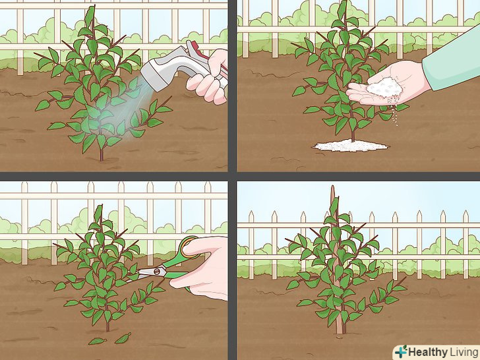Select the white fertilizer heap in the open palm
(x=384, y=87)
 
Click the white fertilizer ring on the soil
(x=351, y=146)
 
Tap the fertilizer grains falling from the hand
(x=396, y=113)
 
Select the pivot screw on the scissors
(x=157, y=270)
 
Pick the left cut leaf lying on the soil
(x=98, y=341)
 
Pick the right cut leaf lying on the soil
(x=123, y=338)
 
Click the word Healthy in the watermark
(x=428, y=352)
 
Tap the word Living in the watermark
(x=464, y=352)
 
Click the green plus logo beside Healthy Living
(x=401, y=351)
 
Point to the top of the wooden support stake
(x=333, y=186)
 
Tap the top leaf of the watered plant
(x=90, y=16)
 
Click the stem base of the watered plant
(x=102, y=158)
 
